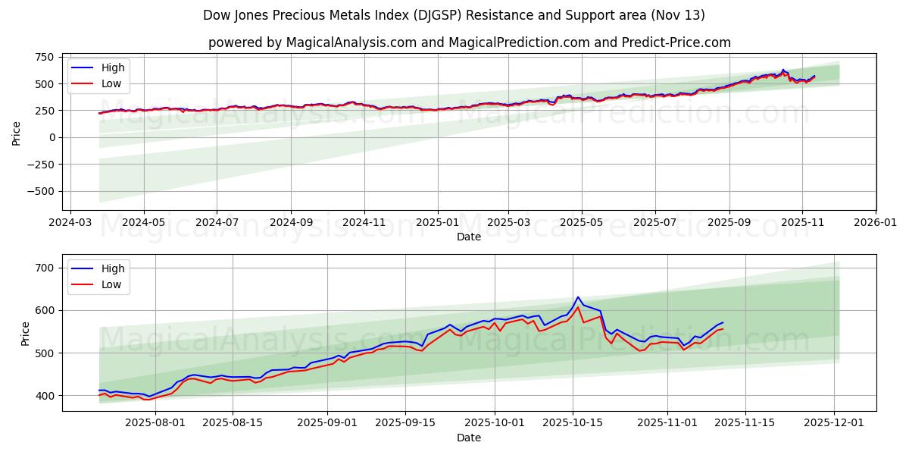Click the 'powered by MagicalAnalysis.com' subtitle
tap(470, 42)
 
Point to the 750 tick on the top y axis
tap(43, 57)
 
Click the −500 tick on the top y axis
tap(39, 191)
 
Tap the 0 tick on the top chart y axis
tap(50, 137)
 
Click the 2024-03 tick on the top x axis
tap(70, 224)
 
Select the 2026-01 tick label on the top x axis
tap(876, 224)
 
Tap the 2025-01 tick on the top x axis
tap(437, 224)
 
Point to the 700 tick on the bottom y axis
tap(43, 268)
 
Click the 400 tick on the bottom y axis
tap(43, 396)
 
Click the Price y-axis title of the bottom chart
tap(25, 333)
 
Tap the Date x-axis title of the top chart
tap(469, 237)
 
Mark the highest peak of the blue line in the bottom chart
tap(578, 297)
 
